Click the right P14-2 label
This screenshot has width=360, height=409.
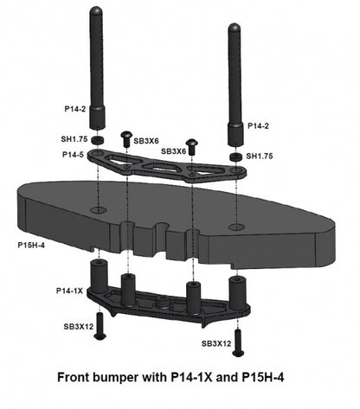click(259, 126)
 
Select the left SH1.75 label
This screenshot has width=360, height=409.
click(74, 138)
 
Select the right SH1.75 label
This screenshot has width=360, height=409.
click(260, 157)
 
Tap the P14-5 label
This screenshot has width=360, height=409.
click(73, 155)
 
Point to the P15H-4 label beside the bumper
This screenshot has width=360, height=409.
click(33, 246)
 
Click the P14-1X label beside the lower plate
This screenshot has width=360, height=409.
click(69, 291)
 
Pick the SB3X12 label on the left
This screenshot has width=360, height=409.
click(78, 327)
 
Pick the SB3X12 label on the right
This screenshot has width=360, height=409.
click(215, 343)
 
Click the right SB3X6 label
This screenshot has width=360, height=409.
click(174, 151)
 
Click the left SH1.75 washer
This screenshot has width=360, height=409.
click(98, 139)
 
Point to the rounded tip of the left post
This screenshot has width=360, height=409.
click(98, 10)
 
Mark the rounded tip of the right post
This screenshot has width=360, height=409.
click(234, 28)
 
